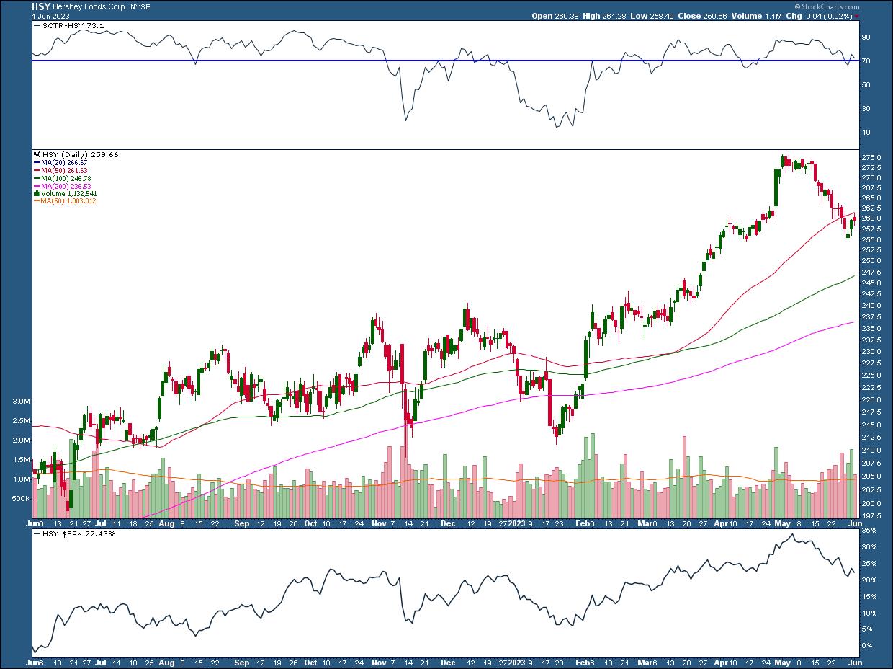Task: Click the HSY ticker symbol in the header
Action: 40,5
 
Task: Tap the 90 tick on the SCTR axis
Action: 866,37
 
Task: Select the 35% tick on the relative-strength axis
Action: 869,530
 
